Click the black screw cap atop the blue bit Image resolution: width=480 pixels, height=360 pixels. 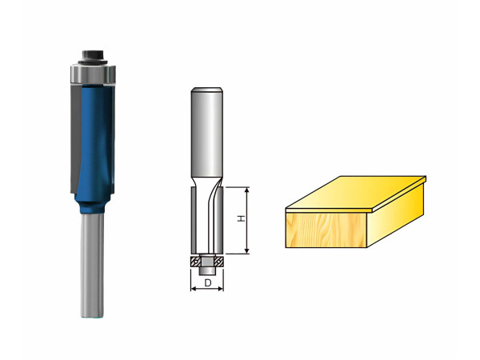pos(94,57)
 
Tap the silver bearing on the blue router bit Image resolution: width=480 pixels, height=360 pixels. pos(93,74)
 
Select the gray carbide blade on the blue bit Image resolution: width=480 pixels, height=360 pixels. pos(76,138)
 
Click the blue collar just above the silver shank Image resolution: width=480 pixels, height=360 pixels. pos(93,206)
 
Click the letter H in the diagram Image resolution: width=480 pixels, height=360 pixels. pos(242,218)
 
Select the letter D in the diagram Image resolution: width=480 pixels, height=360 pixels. pos(208,283)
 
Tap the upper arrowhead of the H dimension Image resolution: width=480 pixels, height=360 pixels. pos(247,190)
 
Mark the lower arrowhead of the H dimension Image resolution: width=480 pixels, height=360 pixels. pos(247,251)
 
